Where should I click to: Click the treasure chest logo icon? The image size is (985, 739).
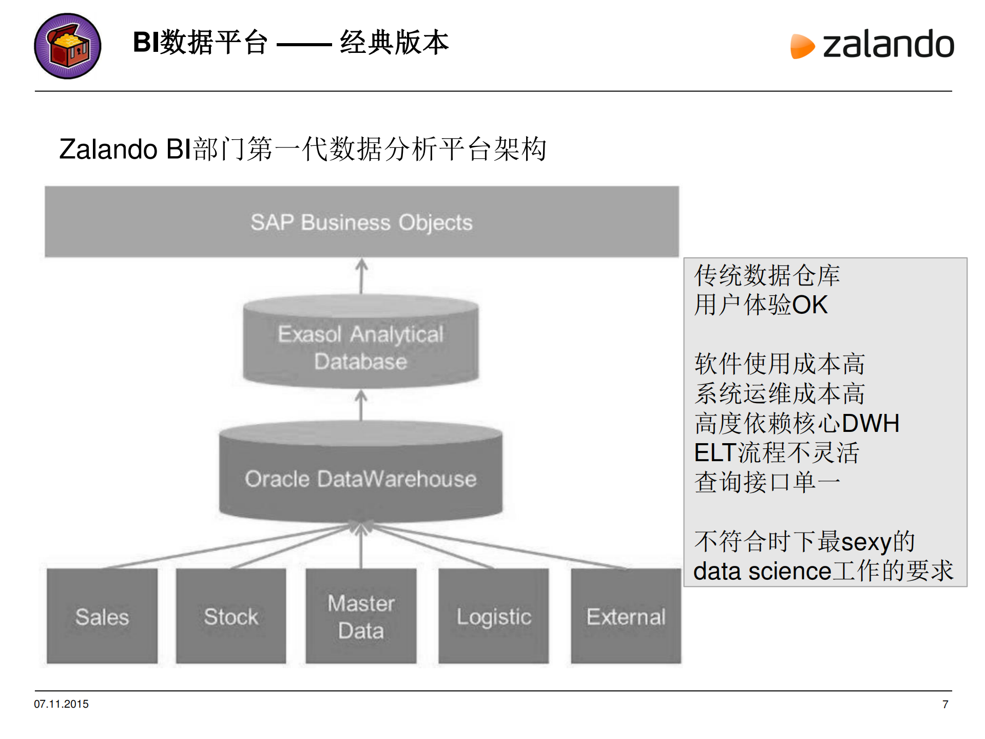[x=67, y=46]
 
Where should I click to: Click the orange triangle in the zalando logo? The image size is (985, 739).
[x=801, y=46]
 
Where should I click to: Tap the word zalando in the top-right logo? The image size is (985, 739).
[x=888, y=45]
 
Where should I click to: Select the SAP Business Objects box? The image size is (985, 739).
[x=361, y=222]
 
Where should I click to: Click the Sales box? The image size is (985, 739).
[x=102, y=616]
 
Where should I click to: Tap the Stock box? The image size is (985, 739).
[x=231, y=616]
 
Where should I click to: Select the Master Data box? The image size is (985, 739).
[x=361, y=616]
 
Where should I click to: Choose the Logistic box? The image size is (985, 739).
[x=494, y=616]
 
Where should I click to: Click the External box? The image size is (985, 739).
[x=626, y=616]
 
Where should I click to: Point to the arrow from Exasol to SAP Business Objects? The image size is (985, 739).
[x=361, y=276]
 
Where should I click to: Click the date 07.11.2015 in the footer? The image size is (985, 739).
[x=61, y=704]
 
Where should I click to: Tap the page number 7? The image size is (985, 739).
[x=945, y=705]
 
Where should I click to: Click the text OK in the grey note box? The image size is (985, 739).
[x=809, y=305]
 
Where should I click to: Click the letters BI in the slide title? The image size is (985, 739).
[x=146, y=42]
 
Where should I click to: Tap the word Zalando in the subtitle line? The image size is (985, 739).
[x=108, y=149]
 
